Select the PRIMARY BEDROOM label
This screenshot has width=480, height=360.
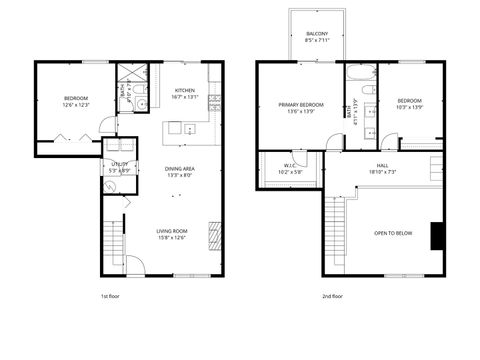(299, 104)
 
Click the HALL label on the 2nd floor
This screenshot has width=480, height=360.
(382, 165)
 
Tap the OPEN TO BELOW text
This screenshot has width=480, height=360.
(393, 232)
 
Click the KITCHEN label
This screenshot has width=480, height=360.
(185, 91)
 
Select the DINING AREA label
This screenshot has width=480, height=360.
(180, 169)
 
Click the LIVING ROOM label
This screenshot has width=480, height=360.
(172, 231)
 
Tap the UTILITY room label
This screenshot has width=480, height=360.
(118, 164)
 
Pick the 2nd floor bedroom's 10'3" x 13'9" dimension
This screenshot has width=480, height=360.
(410, 108)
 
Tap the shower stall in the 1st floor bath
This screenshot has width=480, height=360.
(130, 76)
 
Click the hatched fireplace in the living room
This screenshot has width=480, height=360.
(213, 236)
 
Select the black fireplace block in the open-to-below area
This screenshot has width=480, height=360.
(436, 236)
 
